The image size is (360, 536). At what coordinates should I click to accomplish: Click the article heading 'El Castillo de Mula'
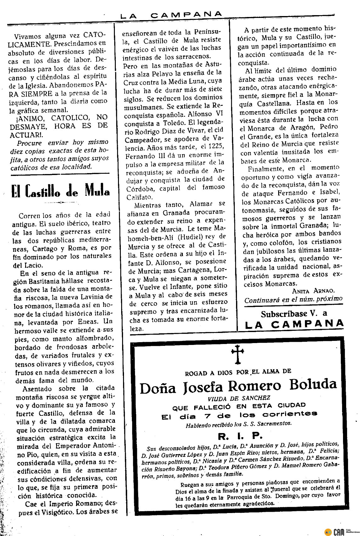(60, 190)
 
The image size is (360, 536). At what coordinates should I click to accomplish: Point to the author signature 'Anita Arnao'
(313, 291)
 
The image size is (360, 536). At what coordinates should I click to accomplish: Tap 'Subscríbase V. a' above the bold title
(294, 313)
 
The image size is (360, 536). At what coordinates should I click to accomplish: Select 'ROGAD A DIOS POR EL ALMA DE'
(238, 372)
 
